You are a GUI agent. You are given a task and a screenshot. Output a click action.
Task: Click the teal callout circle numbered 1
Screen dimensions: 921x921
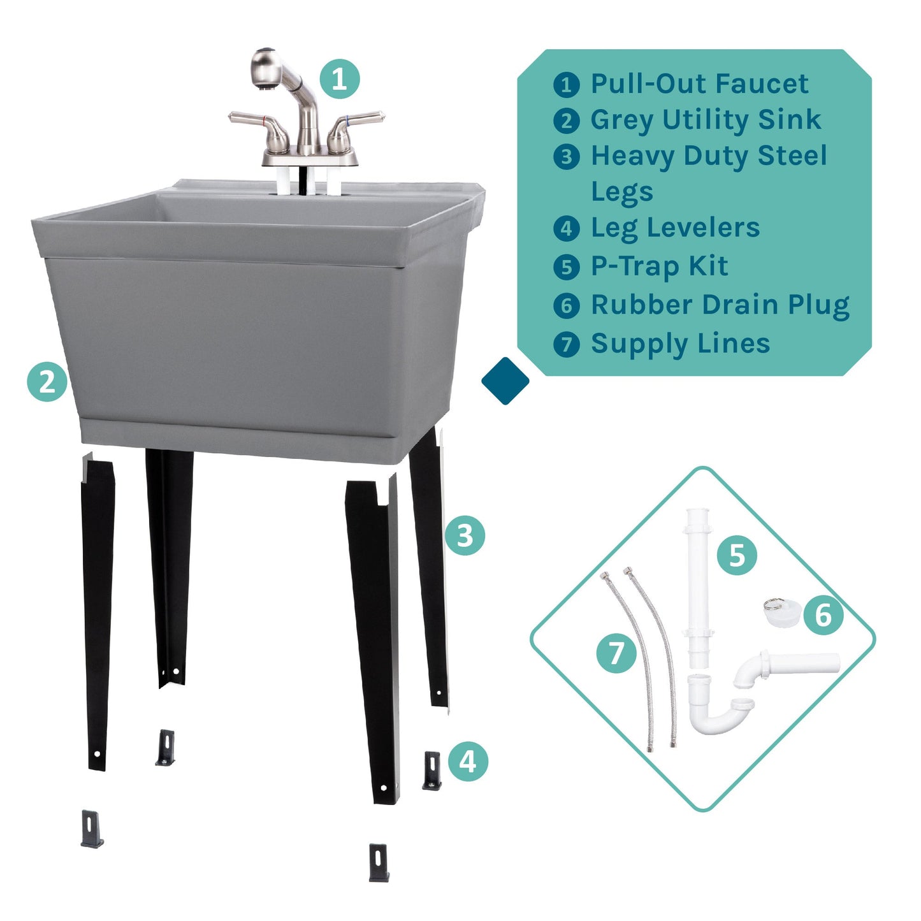pos(339,79)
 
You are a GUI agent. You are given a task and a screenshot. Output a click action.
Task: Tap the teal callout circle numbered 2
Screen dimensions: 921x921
pos(47,382)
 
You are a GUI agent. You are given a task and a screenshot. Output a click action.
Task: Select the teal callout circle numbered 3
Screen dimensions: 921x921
pos(465,535)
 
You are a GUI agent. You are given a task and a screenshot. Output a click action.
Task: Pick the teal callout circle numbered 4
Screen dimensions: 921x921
pos(468,761)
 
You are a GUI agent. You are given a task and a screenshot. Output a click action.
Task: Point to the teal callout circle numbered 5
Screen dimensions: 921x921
pos(737,555)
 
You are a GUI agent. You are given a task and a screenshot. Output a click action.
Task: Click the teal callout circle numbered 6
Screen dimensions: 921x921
pos(823,615)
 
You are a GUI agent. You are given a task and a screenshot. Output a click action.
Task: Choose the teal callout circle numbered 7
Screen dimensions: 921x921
pos(616,653)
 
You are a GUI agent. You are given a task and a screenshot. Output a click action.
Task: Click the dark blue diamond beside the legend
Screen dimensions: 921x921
pos(505,381)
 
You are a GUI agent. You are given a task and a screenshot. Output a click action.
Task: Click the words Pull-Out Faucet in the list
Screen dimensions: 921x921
pos(699,83)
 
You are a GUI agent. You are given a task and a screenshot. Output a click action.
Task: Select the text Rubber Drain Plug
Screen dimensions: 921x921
pos(720,305)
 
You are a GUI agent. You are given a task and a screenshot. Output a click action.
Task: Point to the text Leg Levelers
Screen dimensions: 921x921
pos(675,228)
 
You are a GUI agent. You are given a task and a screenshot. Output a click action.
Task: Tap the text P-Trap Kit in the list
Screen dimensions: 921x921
pos(659,266)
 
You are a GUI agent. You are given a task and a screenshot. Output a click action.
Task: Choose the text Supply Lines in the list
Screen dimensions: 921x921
pos(680,344)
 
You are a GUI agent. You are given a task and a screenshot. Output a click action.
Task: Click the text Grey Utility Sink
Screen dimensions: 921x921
pos(706,120)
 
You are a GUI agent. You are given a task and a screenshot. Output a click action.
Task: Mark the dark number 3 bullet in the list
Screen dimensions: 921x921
pos(566,157)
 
